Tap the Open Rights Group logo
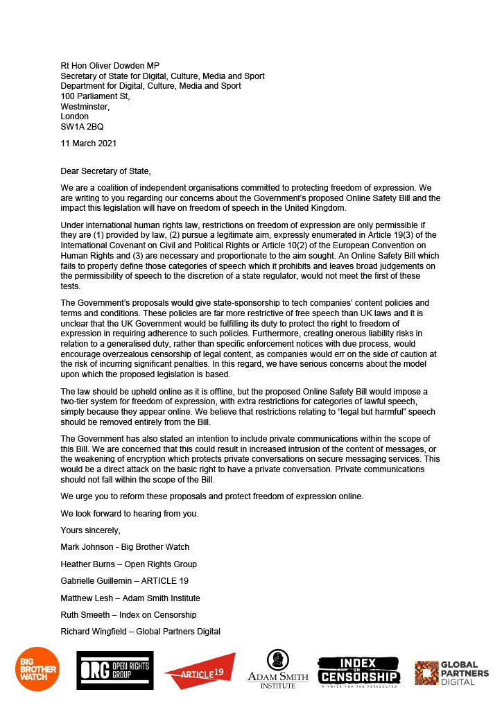click(114, 670)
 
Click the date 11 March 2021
click(89, 144)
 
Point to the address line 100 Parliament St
click(95, 96)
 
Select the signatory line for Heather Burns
click(128, 564)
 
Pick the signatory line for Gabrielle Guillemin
click(125, 580)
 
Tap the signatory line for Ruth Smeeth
click(128, 614)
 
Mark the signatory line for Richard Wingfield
click(140, 631)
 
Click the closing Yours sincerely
click(90, 530)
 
